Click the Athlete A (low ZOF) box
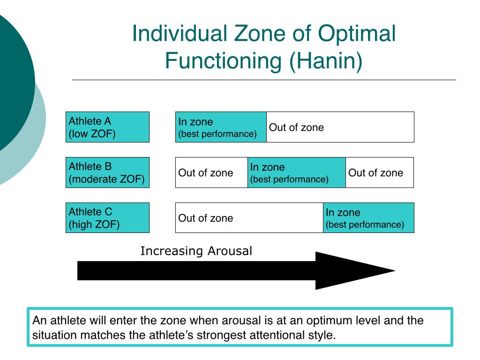click(107, 127)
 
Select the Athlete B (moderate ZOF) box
click(107, 172)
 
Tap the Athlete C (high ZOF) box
click(107, 217)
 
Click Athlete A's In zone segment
click(221, 127)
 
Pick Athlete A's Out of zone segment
click(340, 127)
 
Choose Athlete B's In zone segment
click(296, 172)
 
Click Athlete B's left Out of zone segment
click(211, 172)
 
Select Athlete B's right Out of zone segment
click(380, 172)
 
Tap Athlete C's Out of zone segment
click(249, 217)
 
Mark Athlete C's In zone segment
click(368, 217)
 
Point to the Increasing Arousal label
click(196, 251)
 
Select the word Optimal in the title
click(357, 34)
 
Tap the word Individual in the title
click(169, 34)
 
